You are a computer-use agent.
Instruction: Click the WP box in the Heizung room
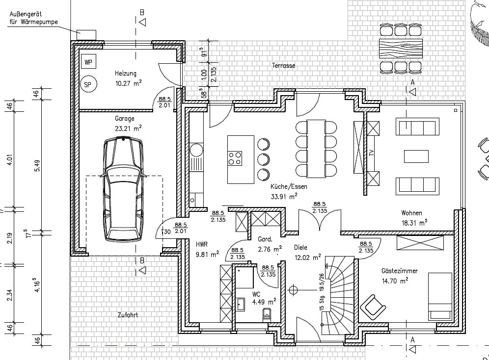(x=88, y=61)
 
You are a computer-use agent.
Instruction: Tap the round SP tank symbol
(x=88, y=84)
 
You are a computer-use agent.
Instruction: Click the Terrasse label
(x=283, y=65)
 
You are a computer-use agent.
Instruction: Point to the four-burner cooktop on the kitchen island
(x=235, y=158)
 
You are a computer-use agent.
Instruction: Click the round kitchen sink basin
(x=196, y=150)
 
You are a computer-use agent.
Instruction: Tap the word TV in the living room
(x=371, y=153)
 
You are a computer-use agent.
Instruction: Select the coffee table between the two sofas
(x=416, y=156)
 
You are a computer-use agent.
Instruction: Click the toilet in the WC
(x=267, y=314)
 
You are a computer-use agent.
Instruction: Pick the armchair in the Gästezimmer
(x=373, y=307)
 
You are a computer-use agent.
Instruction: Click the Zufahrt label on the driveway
(x=128, y=315)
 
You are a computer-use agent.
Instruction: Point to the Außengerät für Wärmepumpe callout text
(x=33, y=18)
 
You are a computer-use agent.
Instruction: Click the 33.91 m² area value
(x=284, y=196)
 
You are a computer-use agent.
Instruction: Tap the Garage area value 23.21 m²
(x=128, y=128)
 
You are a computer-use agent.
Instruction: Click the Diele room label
(x=300, y=248)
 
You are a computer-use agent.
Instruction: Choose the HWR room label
(x=201, y=244)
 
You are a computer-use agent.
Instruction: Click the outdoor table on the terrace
(x=401, y=48)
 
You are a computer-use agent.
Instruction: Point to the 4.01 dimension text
(x=10, y=158)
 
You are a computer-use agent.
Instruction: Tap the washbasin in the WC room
(x=241, y=304)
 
